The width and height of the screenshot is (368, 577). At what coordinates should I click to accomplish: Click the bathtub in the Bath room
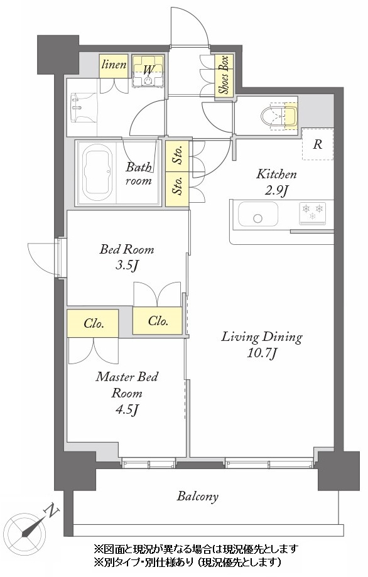97,172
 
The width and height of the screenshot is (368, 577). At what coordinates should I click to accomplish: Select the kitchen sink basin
257,214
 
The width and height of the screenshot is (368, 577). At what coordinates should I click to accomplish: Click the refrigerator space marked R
318,144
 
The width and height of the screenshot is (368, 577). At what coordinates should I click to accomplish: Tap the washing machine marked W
148,71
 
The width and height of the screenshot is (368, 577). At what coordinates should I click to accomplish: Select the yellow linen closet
114,66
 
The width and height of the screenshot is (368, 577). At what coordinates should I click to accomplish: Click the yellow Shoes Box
224,76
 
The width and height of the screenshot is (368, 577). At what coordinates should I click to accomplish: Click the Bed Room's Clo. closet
158,320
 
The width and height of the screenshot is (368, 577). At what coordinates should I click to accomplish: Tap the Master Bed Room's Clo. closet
93,323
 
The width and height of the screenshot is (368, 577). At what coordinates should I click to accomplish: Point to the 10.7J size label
262,353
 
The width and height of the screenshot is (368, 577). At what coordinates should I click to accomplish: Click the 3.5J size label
126,265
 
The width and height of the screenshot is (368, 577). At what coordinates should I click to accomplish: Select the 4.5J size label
126,409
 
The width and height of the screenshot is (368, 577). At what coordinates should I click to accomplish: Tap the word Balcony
198,497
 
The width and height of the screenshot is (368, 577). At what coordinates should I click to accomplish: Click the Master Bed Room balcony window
149,462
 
